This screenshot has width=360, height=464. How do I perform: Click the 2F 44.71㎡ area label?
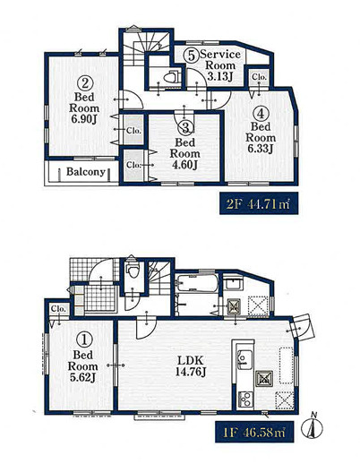[x=259, y=204]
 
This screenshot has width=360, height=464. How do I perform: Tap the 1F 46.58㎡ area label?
[x=254, y=432]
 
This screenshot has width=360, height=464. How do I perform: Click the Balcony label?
[x=86, y=172]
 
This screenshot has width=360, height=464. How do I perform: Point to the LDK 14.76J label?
[x=190, y=365]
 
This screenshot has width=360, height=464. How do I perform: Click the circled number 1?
[x=84, y=340]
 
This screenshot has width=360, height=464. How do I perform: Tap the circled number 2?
[x=85, y=83]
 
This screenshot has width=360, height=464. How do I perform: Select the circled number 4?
[x=261, y=114]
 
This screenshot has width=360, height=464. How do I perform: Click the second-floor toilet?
[x=171, y=77]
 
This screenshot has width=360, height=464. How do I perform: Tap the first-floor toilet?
[x=133, y=270]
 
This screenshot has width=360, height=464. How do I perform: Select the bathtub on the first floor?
[x=197, y=283]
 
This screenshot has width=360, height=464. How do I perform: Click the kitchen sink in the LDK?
[x=244, y=357]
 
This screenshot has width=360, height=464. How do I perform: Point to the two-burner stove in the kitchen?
[x=245, y=399]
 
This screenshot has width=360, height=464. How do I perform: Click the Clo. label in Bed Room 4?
[x=259, y=76]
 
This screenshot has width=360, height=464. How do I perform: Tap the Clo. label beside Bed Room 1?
[x=58, y=309]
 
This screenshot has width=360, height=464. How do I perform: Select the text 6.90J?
[x=85, y=119]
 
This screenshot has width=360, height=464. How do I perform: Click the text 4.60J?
[x=185, y=165]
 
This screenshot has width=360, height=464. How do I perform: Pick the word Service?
[x=220, y=55]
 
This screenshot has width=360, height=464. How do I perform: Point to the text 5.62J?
[x=83, y=378]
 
